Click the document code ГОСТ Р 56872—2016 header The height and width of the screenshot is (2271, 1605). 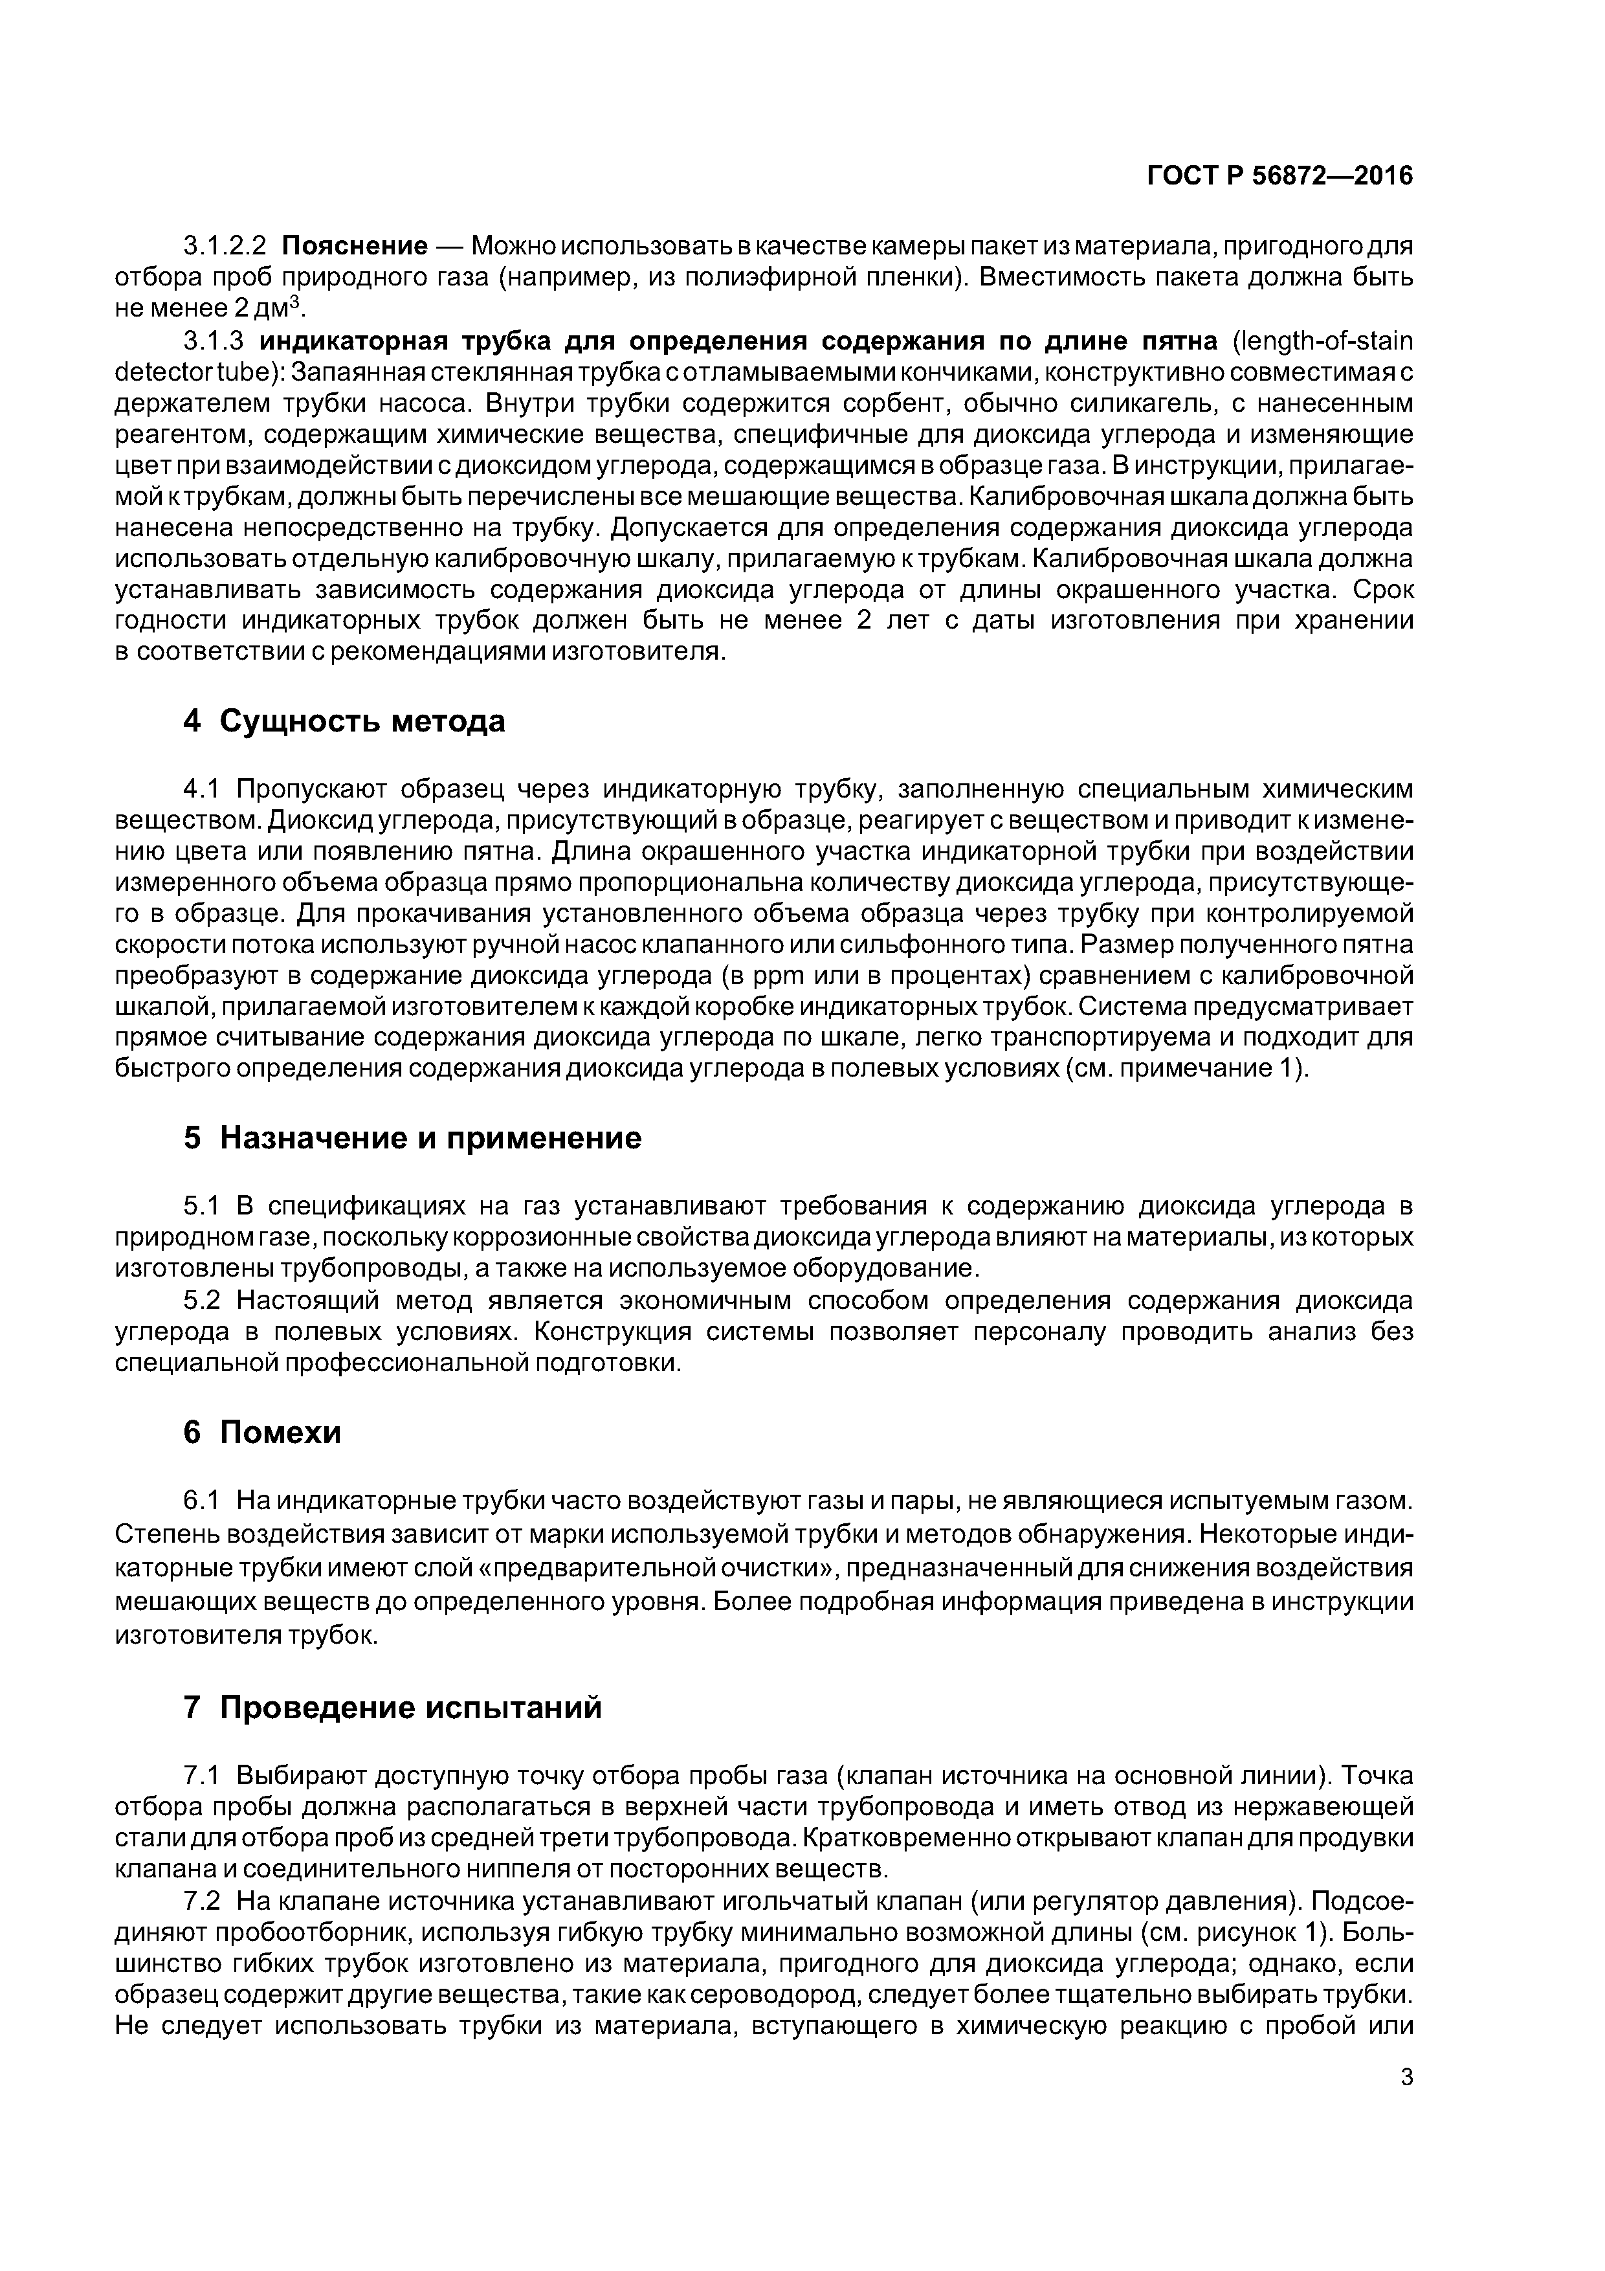[1279, 176]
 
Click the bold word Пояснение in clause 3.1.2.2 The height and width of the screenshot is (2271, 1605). [354, 244]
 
